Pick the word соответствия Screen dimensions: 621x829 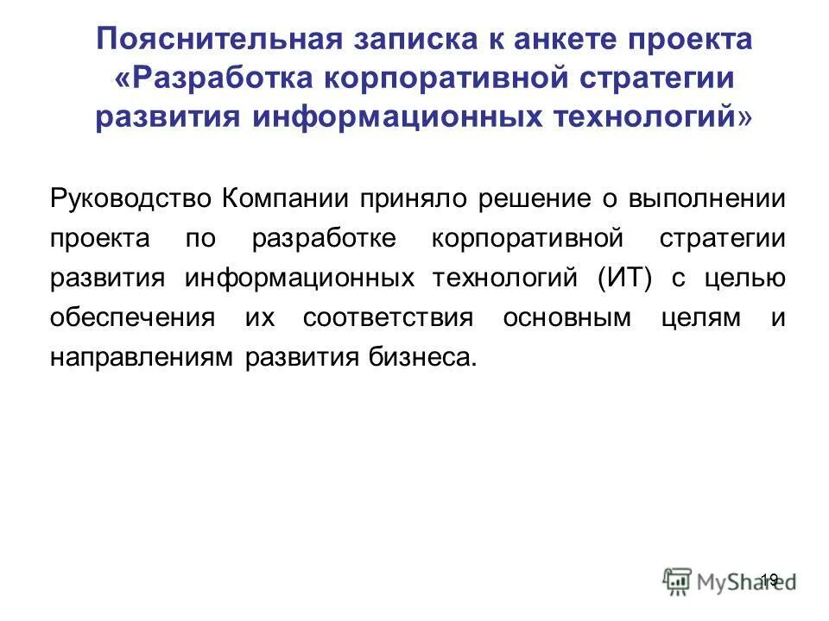click(x=388, y=317)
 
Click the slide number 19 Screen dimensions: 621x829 click(x=770, y=580)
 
